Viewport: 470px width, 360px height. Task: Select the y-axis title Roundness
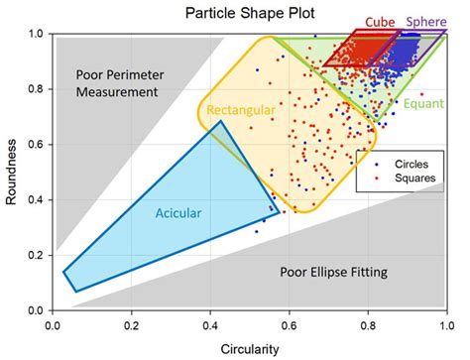11,173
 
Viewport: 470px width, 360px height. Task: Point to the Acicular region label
178,212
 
